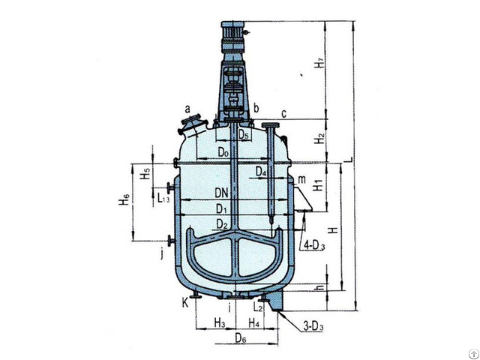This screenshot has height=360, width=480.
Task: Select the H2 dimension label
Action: coord(319,139)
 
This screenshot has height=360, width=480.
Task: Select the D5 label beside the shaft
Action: coord(244,136)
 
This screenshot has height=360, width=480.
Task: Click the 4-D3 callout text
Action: coord(313,244)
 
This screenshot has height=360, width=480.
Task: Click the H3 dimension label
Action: coord(219,323)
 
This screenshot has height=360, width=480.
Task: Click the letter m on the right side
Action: coord(301,180)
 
